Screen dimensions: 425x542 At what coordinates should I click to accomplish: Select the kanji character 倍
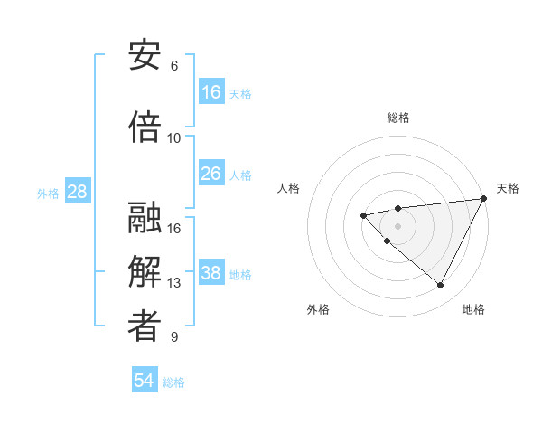pos(145,127)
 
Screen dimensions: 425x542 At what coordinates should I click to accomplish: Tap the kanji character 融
pos(145,218)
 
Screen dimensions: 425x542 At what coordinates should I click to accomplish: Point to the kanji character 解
pos(145,272)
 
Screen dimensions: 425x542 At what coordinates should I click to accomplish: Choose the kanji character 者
pos(145,327)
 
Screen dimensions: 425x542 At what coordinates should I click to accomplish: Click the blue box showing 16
pos(211,92)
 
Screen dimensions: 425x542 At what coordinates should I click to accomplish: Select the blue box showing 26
pos(211,174)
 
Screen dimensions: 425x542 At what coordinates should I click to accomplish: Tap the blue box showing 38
pos(211,273)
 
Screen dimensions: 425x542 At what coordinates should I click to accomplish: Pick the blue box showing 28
pos(77,192)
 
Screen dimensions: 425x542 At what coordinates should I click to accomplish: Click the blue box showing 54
pos(145,381)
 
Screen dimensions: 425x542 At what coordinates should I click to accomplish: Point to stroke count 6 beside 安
pos(174,66)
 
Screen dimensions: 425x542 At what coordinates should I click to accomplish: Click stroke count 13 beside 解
pos(174,283)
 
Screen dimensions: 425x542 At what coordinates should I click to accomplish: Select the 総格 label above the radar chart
pos(398,118)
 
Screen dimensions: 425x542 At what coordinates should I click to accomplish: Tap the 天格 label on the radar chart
pos(508,188)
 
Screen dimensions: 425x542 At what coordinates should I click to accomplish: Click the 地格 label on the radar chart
pos(473,309)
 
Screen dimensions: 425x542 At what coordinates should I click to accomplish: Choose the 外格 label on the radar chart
pos(318,309)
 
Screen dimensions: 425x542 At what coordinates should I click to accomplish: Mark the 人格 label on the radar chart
pos(289,188)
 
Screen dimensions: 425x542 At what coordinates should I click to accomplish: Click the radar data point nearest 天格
pos(483,199)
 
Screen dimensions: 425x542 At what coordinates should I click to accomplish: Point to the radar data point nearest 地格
pos(440,286)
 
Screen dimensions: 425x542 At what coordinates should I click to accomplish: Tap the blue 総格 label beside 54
pos(173,382)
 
